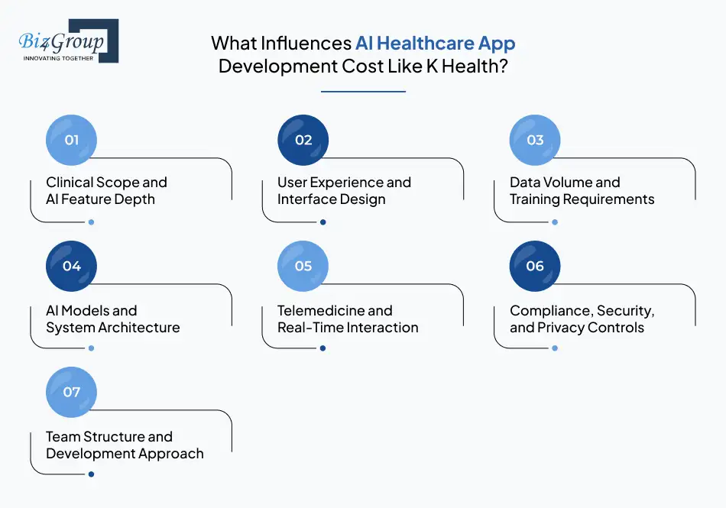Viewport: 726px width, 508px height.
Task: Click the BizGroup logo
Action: tap(67, 41)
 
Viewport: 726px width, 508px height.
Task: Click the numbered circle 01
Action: tap(72, 141)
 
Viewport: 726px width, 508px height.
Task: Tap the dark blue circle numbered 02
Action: tap(303, 141)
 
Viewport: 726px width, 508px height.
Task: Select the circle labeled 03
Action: tap(535, 141)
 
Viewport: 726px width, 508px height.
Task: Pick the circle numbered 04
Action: tap(72, 267)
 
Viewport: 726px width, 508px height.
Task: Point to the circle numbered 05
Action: tap(303, 267)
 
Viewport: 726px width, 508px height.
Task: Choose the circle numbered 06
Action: tap(535, 267)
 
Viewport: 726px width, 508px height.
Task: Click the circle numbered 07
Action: tap(72, 393)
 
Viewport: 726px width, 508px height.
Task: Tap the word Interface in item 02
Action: tap(304, 199)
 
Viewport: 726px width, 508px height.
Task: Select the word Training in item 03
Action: tap(536, 199)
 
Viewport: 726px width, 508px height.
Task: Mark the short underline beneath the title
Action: tap(363, 92)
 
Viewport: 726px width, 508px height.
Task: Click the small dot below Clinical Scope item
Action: tap(91, 222)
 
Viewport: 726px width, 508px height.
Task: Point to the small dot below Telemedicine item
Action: tap(322, 348)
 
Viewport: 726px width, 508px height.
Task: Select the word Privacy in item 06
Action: tap(565, 328)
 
